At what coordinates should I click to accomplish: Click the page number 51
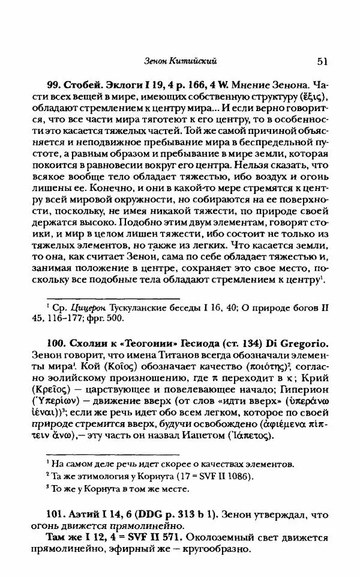(x=319, y=61)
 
